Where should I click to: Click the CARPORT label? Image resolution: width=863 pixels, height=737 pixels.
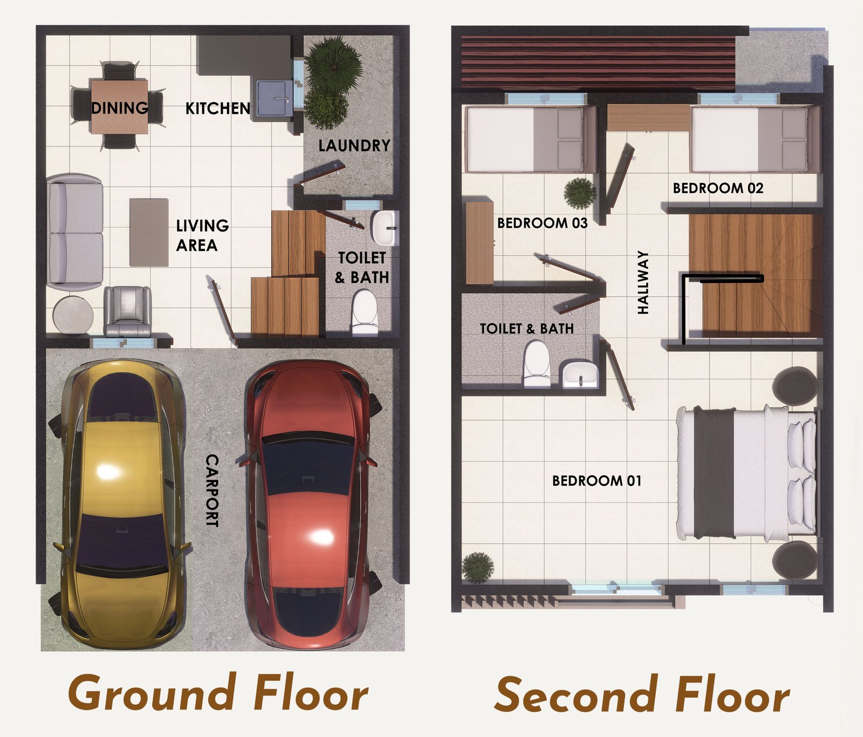click(212, 490)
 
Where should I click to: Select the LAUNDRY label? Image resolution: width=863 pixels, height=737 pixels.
click(354, 146)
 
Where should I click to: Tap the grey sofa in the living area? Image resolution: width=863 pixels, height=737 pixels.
click(74, 232)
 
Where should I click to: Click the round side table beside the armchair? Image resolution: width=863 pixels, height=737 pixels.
click(73, 315)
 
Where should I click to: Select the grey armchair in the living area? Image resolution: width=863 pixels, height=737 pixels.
click(127, 312)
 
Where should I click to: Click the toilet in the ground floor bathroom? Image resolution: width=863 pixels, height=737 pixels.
click(365, 313)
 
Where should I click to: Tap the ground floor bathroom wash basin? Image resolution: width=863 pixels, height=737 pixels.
click(385, 228)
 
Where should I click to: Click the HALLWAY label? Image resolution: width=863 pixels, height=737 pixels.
click(643, 282)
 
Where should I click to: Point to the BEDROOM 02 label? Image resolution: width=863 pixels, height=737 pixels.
click(718, 188)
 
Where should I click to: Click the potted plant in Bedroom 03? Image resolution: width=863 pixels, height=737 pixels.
click(580, 193)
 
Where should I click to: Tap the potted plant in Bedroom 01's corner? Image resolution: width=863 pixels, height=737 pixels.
click(477, 567)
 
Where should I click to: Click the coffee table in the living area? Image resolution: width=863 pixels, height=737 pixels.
click(149, 232)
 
